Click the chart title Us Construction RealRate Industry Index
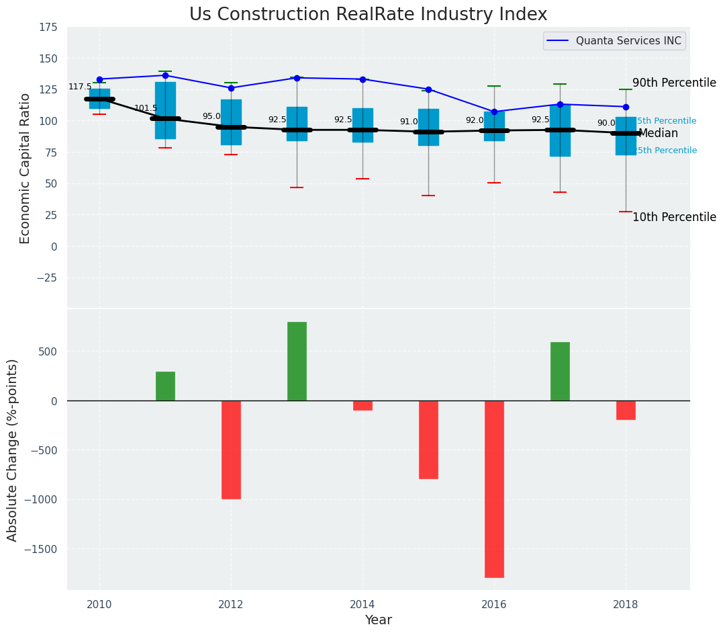[368, 15]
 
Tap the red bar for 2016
[494, 489]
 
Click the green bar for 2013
[297, 361]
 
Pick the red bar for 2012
[231, 450]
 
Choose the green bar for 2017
[560, 371]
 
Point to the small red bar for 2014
[363, 405]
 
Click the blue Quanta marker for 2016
[494, 112]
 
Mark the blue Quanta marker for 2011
[165, 75]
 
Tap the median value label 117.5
[80, 87]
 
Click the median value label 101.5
[146, 108]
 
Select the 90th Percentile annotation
[674, 83]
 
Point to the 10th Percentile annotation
[674, 218]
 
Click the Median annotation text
[658, 134]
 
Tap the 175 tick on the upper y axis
[48, 28]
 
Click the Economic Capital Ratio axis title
[26, 168]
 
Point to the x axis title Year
[378, 620]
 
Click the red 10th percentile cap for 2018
[626, 212]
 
